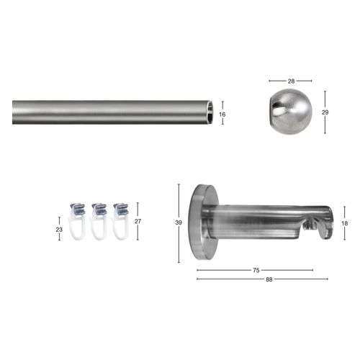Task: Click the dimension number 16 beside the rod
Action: pos(222,114)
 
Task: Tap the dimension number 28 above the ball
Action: pos(291,81)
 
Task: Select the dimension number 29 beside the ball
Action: pos(325,112)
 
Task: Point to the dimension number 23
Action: pos(59,230)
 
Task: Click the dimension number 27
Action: pos(138,221)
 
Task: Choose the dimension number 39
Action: pos(179,222)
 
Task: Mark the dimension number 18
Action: pos(345,223)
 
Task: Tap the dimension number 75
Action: pos(256,271)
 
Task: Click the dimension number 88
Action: pos(269,279)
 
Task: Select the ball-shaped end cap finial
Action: pos(290,112)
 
